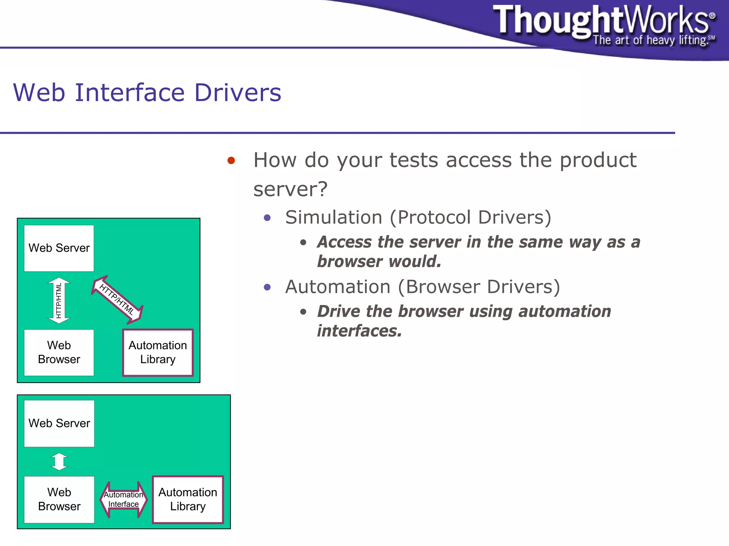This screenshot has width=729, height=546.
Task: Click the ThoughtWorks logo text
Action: click(602, 21)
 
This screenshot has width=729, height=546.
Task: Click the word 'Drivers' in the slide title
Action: click(238, 93)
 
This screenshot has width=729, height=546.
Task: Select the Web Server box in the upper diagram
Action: click(59, 248)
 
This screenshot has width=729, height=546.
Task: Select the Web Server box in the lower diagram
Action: click(59, 423)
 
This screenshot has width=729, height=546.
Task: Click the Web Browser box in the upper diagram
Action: click(59, 352)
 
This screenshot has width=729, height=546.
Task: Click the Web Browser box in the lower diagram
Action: click(59, 499)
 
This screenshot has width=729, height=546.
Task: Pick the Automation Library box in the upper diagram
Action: click(158, 352)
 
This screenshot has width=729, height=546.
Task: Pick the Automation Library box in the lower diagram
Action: click(188, 499)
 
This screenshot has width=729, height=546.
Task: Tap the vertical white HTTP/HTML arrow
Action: click(59, 300)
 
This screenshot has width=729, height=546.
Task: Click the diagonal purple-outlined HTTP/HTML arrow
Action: click(117, 300)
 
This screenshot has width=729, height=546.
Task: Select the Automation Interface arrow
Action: click(124, 499)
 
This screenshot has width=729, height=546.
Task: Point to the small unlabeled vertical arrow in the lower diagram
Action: click(59, 462)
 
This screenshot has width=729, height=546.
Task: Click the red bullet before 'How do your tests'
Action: click(231, 161)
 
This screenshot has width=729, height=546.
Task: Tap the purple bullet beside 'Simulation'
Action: click(267, 217)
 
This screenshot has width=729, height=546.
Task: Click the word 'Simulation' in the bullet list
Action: click(334, 217)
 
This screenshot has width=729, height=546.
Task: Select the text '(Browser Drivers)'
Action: click(479, 287)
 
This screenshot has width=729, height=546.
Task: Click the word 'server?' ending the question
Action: click(290, 189)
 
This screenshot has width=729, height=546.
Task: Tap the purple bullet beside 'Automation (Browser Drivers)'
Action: click(267, 287)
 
